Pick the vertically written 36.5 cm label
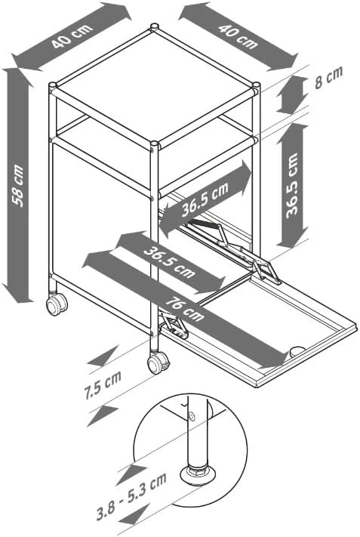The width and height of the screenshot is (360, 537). (295, 185)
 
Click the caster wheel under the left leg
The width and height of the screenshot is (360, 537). (55, 304)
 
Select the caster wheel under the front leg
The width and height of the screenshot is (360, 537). (158, 364)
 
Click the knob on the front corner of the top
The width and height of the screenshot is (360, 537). (155, 143)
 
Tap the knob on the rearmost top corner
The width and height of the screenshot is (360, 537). (155, 28)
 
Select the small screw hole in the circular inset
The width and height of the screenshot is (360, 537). (192, 417)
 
